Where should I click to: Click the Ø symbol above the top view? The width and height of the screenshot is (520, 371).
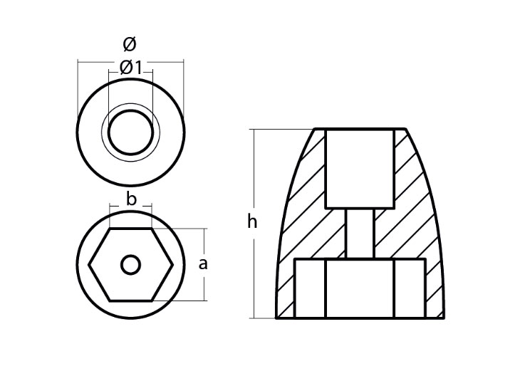[x=130, y=45]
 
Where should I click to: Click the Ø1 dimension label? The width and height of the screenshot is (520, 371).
[x=130, y=68]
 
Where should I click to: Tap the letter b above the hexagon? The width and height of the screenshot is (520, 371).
[x=131, y=199]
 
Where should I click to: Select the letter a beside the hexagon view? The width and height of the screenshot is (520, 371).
[x=202, y=264]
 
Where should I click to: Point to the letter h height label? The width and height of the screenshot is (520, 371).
[x=252, y=221]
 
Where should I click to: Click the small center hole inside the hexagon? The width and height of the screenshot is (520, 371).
[x=130, y=265]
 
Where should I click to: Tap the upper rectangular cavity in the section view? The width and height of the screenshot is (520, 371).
[x=360, y=169]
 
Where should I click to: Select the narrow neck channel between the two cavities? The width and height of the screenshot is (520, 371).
[x=360, y=234]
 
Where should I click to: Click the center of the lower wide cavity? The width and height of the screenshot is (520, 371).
[x=360, y=288]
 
